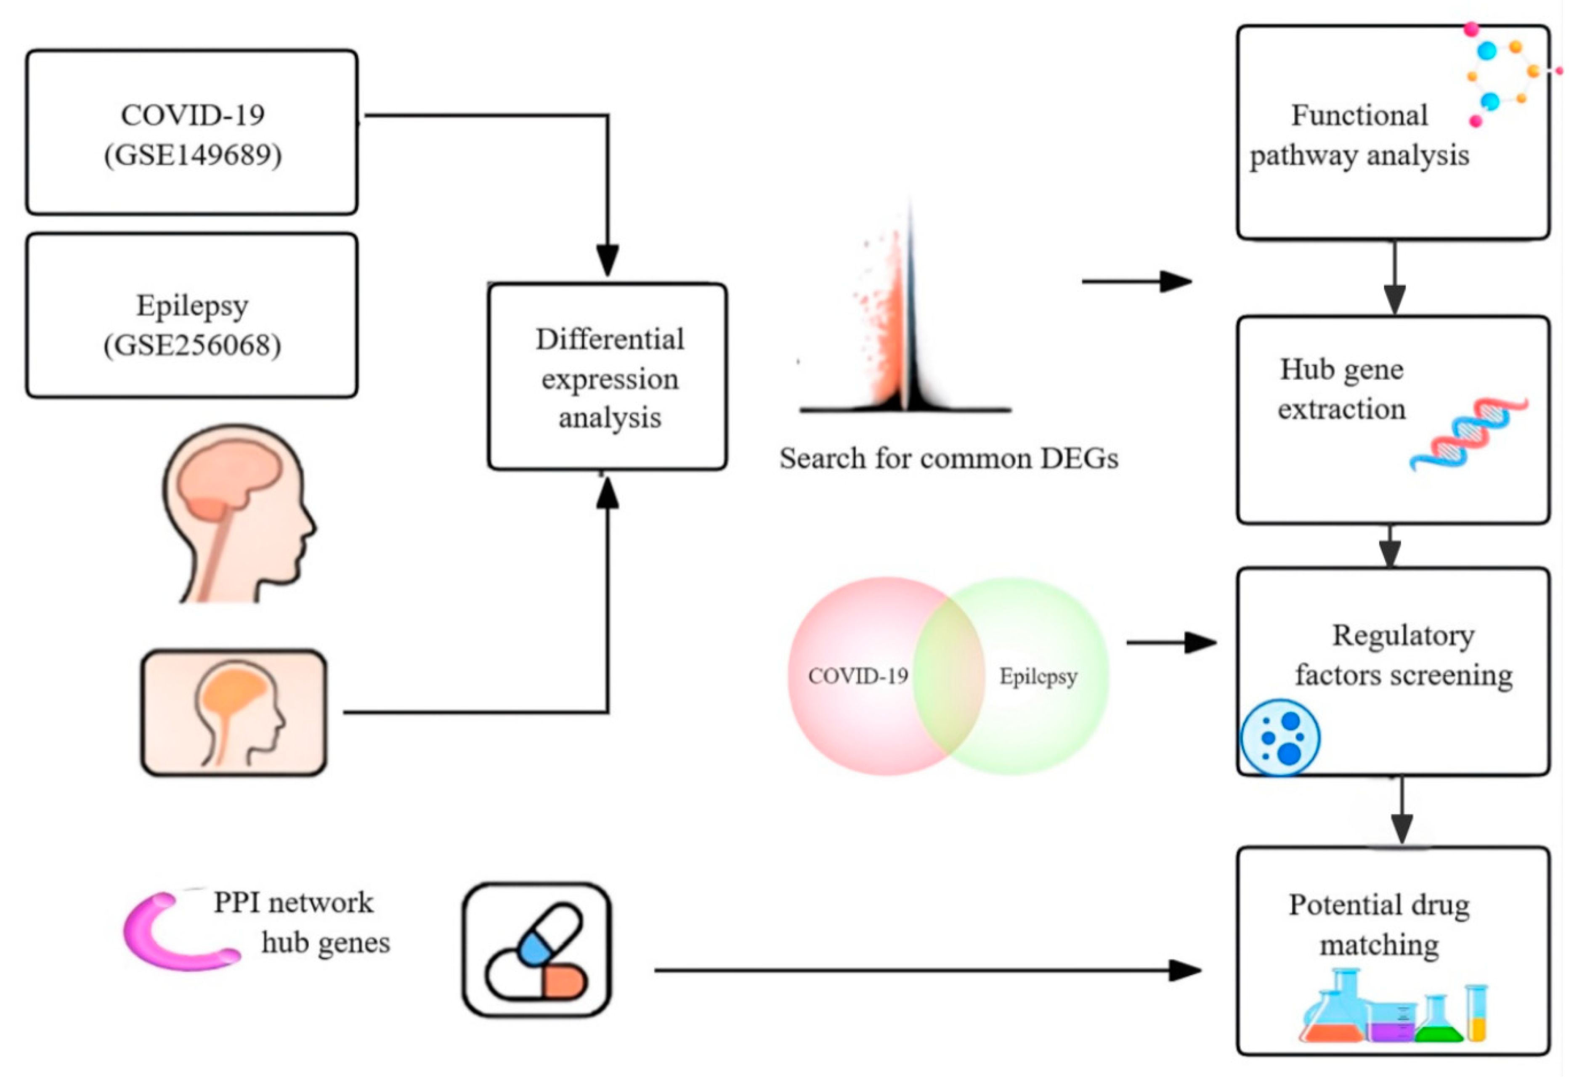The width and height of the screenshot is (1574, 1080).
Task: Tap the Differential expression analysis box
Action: click(x=608, y=377)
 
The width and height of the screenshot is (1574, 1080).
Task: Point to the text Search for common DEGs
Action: click(x=948, y=459)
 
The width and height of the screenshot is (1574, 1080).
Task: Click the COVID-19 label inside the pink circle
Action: click(x=857, y=676)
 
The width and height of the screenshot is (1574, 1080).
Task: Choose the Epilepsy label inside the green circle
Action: click(x=1038, y=676)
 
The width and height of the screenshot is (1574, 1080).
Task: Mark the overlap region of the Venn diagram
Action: click(x=948, y=676)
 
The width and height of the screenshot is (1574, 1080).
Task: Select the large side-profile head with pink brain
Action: click(x=237, y=515)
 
